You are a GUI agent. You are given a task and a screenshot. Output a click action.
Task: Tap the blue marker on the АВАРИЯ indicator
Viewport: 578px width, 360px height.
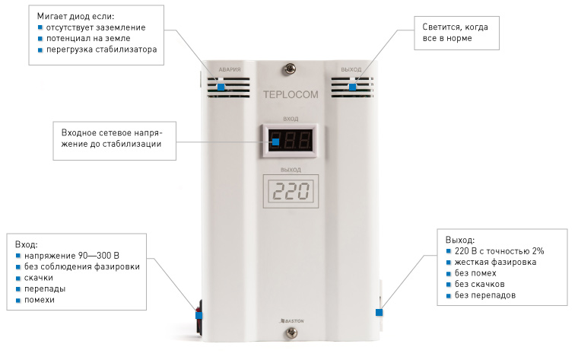click(x=221, y=88)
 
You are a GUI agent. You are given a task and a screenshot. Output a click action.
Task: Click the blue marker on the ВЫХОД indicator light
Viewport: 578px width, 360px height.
click(x=352, y=87)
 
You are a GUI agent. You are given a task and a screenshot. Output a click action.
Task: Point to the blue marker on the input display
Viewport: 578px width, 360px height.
click(x=276, y=142)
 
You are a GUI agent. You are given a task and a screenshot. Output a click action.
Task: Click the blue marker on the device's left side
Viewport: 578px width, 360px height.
click(x=198, y=314)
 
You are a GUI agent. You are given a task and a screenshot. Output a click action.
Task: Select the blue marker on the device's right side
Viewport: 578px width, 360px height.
click(x=379, y=311)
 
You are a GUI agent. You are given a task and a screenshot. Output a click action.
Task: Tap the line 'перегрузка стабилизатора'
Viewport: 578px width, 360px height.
click(x=101, y=49)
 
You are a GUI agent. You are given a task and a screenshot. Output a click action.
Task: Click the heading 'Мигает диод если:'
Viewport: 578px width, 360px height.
click(x=75, y=15)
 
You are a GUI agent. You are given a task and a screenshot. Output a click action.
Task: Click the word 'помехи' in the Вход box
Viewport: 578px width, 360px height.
click(x=40, y=300)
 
